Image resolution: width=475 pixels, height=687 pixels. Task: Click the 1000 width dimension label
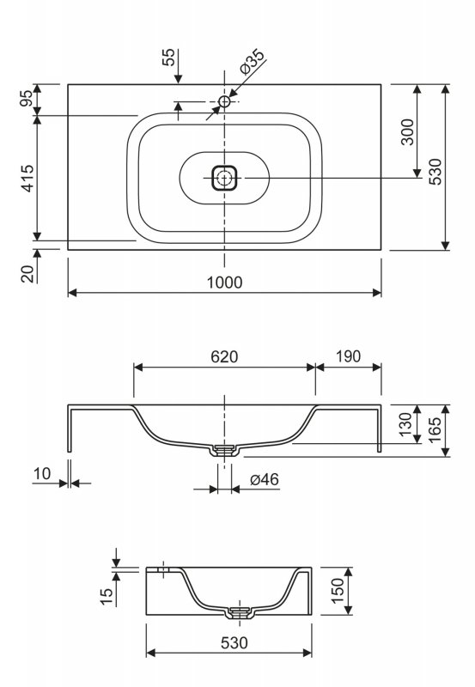[224, 283]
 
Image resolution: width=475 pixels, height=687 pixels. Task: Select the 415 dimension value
[27, 179]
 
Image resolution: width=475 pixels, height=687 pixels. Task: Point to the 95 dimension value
[27, 98]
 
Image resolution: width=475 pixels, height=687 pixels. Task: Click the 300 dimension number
[407, 131]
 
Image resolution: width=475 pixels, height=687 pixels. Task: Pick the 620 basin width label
[224, 356]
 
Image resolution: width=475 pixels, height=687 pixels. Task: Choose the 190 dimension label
[349, 356]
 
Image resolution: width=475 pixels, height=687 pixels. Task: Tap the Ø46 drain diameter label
[265, 479]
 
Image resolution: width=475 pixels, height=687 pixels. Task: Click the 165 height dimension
[435, 430]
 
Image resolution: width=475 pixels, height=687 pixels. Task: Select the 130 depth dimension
[405, 424]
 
